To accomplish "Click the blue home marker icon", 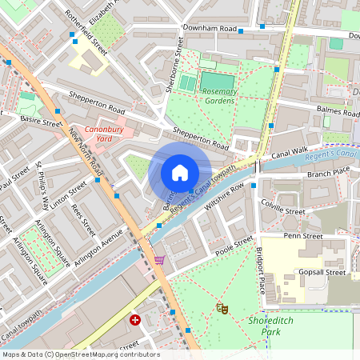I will click(x=180, y=172).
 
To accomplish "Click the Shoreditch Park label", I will click(x=292, y=326).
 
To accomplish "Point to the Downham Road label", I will click(x=210, y=28).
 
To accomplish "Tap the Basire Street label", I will click(x=42, y=123).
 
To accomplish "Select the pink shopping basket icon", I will click(x=159, y=259).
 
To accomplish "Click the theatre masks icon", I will click(x=222, y=307).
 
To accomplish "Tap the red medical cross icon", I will click(x=135, y=320).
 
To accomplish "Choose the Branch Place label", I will click(x=329, y=173).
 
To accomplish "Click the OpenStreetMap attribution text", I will click(x=80, y=354).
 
